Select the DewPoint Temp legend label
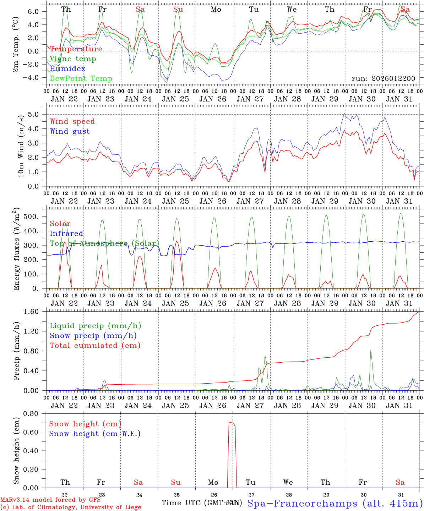pyautogui.click(x=81, y=79)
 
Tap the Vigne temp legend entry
pyautogui.click(x=73, y=59)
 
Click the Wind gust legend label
pyautogui.click(x=70, y=131)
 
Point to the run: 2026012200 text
pyautogui.click(x=383, y=78)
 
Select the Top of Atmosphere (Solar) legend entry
pyautogui.click(x=104, y=243)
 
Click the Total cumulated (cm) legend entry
pyautogui.click(x=95, y=345)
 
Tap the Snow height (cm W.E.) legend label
pyautogui.click(x=95, y=434)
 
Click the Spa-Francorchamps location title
pyautogui.click(x=335, y=503)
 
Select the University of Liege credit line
pyautogui.click(x=71, y=507)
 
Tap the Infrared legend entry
pyautogui.click(x=66, y=233)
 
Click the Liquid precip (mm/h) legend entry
pyautogui.click(x=96, y=326)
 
